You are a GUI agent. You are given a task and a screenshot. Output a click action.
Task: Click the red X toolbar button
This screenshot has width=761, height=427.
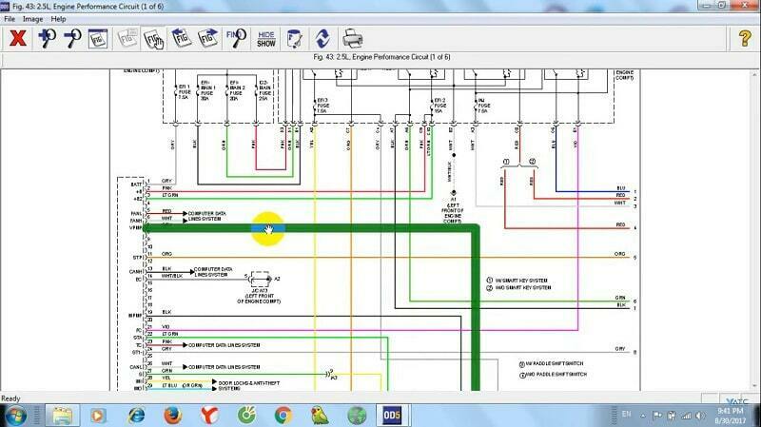[x=17, y=38]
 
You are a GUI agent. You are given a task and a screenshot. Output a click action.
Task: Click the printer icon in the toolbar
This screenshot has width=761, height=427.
[x=352, y=38]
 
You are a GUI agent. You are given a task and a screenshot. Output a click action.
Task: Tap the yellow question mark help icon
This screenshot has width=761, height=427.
[x=744, y=38]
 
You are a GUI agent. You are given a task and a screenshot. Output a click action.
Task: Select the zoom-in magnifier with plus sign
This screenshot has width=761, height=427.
[x=46, y=38]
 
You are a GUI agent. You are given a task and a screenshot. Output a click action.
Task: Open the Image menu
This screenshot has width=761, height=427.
[x=32, y=18]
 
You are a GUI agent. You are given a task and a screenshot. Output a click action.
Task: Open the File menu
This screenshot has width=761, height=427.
[x=10, y=18]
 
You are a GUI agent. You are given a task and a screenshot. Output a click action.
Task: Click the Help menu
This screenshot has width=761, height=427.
[x=59, y=18]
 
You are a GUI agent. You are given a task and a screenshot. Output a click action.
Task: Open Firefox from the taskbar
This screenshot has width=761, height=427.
[x=172, y=415]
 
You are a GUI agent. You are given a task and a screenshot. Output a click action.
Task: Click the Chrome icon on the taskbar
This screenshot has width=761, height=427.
[x=282, y=415]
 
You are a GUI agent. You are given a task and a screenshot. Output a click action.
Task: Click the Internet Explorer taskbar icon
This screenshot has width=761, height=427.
[x=135, y=415]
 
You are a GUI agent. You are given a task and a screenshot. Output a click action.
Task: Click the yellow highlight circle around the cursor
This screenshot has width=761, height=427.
[x=267, y=228]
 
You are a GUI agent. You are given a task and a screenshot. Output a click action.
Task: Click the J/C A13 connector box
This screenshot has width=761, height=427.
[x=259, y=278]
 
